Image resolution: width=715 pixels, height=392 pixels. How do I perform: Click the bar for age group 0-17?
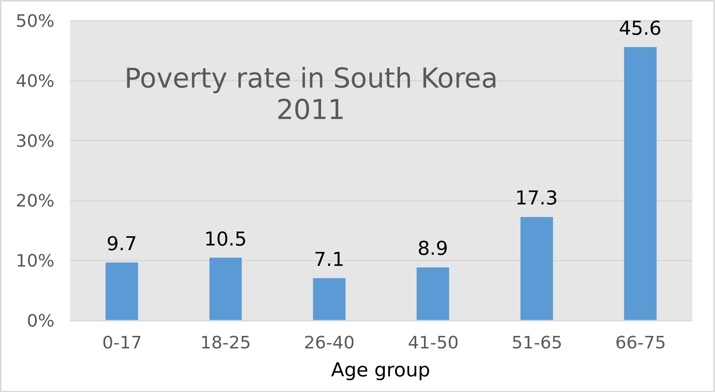(x=122, y=291)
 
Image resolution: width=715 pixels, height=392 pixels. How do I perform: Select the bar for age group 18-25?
(x=225, y=289)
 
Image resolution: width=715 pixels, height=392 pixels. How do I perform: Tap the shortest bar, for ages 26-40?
(x=329, y=299)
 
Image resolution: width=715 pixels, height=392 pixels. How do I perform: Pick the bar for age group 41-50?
(x=433, y=294)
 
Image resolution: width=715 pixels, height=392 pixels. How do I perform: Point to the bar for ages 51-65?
(x=536, y=268)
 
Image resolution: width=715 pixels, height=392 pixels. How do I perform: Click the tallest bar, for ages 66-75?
(x=640, y=183)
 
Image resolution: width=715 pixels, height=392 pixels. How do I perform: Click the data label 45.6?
(x=640, y=29)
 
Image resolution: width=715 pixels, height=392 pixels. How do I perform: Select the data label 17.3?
(x=536, y=198)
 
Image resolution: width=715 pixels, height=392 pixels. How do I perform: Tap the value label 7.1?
(x=329, y=260)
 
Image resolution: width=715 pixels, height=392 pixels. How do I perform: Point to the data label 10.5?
(x=225, y=239)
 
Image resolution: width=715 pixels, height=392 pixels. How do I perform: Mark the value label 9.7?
(x=122, y=244)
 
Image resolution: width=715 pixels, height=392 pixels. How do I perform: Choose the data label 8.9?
(x=433, y=249)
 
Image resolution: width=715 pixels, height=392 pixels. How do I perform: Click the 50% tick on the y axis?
(x=35, y=21)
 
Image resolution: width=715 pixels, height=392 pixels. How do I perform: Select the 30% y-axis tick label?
(x=35, y=142)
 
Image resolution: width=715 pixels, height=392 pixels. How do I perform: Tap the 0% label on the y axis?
(x=41, y=321)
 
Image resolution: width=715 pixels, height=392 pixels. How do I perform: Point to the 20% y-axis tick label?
(x=35, y=201)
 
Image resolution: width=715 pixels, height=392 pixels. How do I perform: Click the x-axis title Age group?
(x=380, y=370)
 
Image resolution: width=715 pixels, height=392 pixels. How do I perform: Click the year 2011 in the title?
(x=310, y=110)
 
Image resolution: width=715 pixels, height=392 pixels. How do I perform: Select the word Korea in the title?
(x=459, y=79)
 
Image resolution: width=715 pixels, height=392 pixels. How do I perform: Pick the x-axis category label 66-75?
(x=640, y=343)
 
